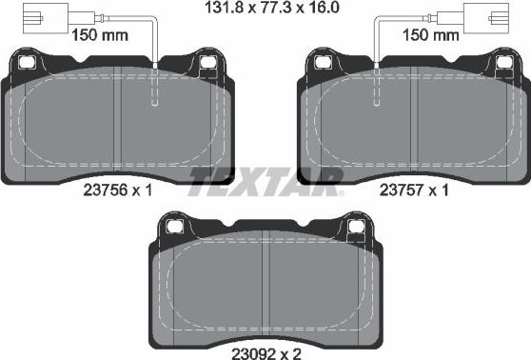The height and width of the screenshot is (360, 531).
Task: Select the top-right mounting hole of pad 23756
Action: [206, 64]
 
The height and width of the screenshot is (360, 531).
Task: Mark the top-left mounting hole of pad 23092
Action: [176, 227]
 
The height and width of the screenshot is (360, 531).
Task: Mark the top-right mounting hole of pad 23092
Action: [356, 227]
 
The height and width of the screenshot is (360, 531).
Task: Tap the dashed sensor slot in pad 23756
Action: [154, 90]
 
